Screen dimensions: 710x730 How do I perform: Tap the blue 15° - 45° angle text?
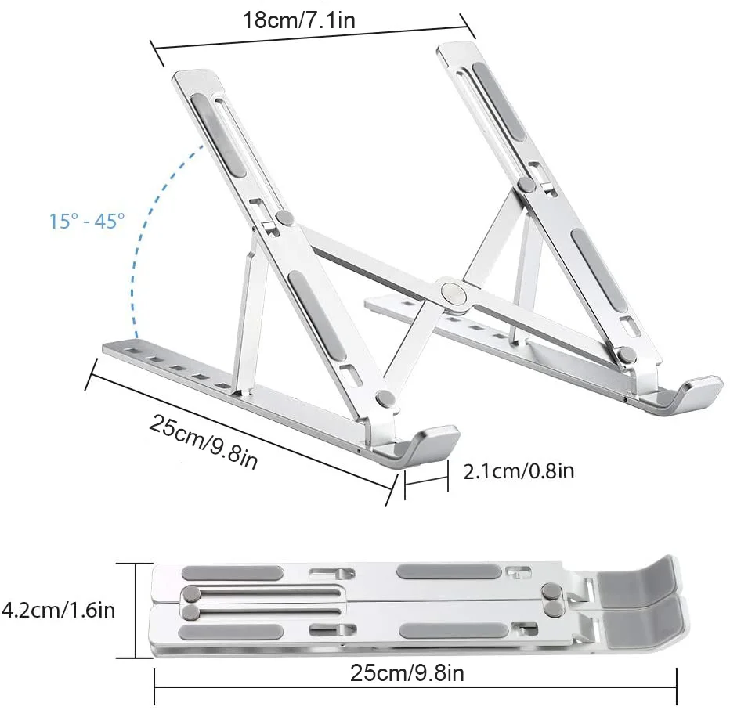click(x=87, y=221)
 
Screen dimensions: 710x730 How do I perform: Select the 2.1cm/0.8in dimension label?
click(x=519, y=470)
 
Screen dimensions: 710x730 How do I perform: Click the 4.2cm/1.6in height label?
click(x=58, y=608)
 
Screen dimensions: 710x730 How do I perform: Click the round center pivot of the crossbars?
click(x=452, y=292)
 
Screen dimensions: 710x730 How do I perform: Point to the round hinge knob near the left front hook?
click(x=385, y=399)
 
